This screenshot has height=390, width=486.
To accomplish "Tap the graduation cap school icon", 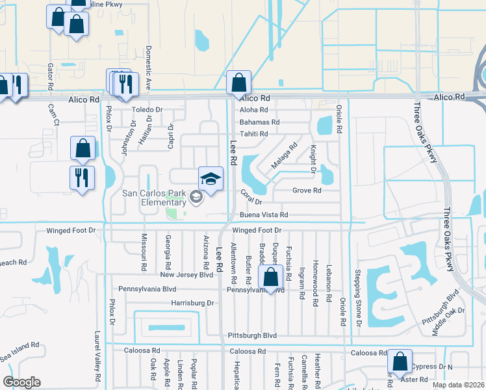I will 211,177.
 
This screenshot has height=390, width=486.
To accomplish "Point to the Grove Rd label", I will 307,190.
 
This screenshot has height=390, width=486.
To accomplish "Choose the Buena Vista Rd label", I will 264,214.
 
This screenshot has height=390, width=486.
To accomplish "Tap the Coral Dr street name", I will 250,197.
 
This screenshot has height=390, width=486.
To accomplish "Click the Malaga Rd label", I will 283,156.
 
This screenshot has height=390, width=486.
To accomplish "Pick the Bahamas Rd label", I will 259,122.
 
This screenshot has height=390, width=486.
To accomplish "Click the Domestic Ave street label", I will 149,67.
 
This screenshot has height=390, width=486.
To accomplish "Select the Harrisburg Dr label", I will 192,303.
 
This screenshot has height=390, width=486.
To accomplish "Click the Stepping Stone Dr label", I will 357,298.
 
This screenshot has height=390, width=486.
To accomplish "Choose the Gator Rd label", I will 49,77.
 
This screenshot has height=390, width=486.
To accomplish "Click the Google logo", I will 21,382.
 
